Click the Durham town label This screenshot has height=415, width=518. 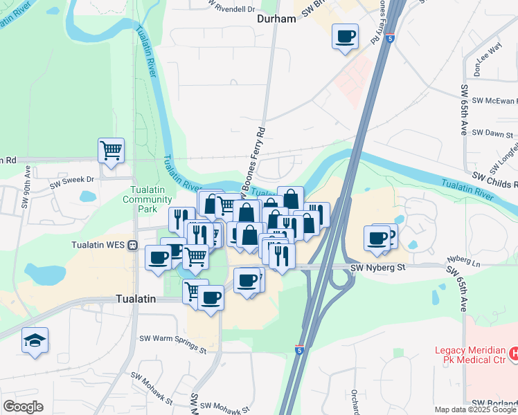point(276,19)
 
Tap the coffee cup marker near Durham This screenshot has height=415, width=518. point(345,37)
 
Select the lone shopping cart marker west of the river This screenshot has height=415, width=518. point(111,150)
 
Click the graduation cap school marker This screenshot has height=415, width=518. point(35,340)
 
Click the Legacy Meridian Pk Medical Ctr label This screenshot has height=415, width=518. point(471,355)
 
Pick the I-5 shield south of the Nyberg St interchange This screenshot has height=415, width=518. point(299,351)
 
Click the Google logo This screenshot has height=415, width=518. point(23,407)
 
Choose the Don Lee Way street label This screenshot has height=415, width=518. point(488,59)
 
